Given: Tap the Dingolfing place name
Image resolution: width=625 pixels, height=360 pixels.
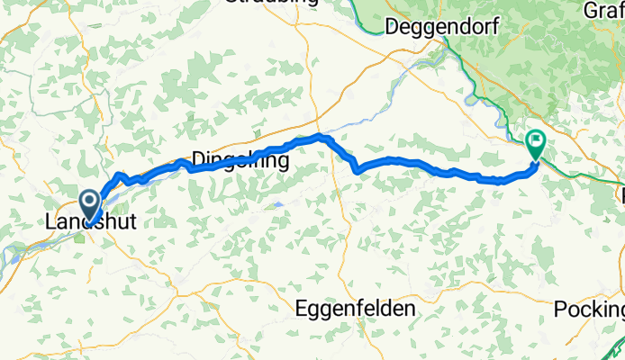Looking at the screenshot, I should coord(240,159).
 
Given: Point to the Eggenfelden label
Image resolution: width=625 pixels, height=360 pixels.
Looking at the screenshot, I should coord(356,308).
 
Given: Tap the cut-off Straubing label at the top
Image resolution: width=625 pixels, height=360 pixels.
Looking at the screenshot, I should coord(272,4).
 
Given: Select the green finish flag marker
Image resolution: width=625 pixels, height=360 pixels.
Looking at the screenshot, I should coord(536,142).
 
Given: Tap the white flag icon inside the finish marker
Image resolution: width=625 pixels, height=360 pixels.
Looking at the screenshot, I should coord(536,139).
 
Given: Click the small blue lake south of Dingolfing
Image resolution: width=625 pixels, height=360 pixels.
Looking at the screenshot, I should coord(277,205).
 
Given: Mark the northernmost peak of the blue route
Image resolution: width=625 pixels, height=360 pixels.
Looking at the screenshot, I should coord(320,137).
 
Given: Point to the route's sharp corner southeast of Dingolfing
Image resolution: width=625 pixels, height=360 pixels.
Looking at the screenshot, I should coord(358,169).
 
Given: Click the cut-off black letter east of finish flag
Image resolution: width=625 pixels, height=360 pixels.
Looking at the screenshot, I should coord(621,193).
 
